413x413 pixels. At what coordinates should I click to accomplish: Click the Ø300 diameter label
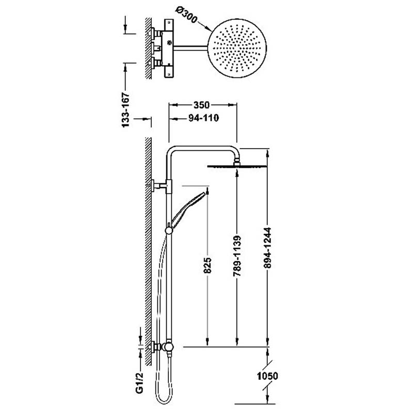point(186,15)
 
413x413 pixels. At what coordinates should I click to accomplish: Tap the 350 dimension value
point(201,105)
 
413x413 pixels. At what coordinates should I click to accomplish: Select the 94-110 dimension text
point(203,118)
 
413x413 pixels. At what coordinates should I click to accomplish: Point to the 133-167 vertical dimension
point(125,109)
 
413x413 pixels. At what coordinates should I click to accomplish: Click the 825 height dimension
point(208,265)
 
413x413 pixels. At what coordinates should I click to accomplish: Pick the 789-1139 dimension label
point(237,256)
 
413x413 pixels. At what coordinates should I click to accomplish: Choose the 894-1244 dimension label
point(267,248)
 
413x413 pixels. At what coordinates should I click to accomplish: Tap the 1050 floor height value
point(267,376)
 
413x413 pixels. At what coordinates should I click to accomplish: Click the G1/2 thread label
point(140,383)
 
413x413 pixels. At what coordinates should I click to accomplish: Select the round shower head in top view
point(237,48)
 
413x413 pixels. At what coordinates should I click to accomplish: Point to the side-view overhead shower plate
point(237,166)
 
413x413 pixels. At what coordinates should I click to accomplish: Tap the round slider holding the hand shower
point(169,230)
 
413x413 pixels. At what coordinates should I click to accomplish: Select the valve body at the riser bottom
point(167,347)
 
